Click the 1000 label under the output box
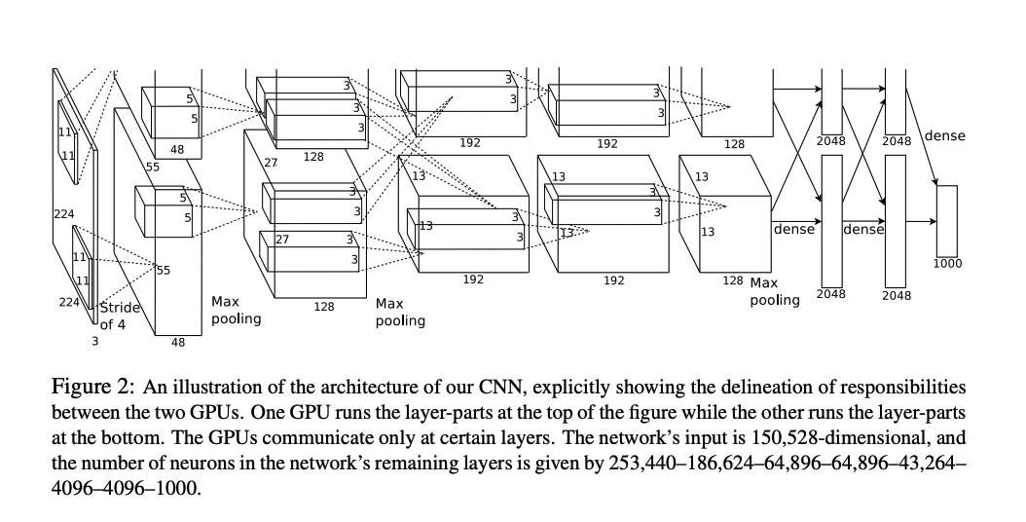(x=947, y=263)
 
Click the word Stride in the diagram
(x=121, y=308)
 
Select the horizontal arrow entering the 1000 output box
(x=922, y=221)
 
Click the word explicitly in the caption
(x=547, y=387)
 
